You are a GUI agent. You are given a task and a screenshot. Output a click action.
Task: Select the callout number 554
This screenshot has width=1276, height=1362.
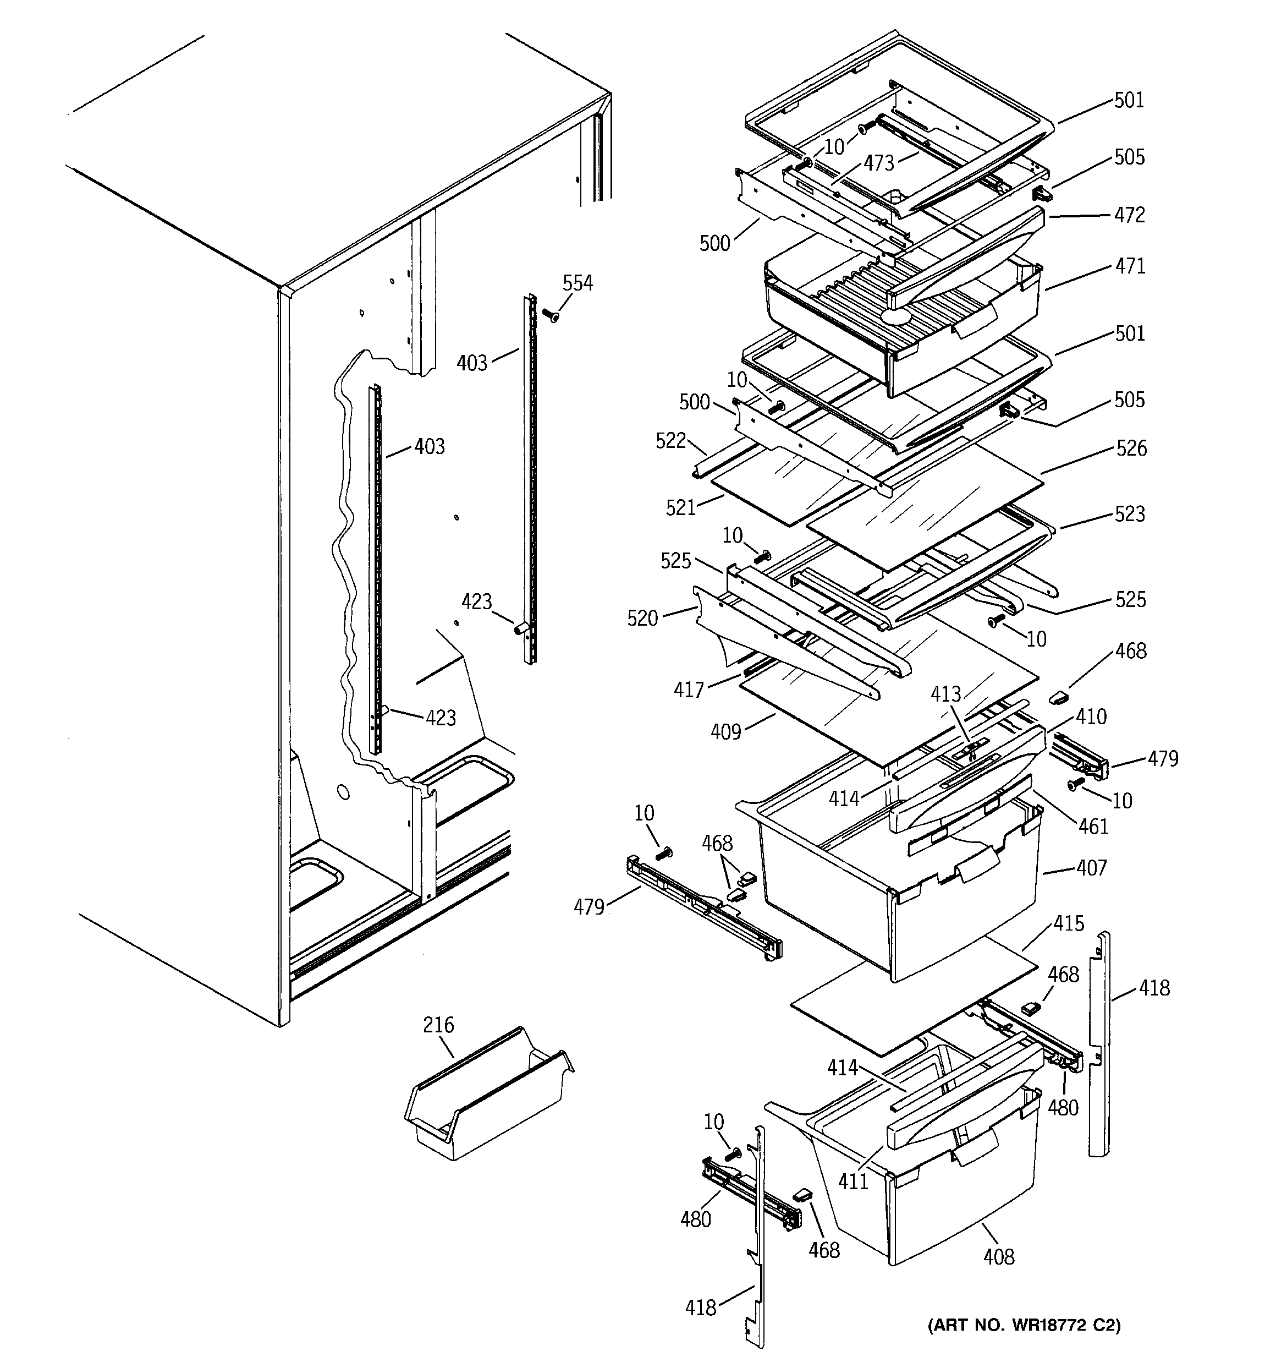pos(577,283)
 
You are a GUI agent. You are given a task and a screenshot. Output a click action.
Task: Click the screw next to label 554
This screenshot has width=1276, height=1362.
pos(550,315)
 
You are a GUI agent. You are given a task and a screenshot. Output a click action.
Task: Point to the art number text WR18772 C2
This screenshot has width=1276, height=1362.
pos(1024,1325)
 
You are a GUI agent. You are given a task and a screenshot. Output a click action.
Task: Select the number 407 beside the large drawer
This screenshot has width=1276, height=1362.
pos(1091,868)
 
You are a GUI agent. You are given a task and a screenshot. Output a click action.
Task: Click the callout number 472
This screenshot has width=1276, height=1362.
pos(1130,215)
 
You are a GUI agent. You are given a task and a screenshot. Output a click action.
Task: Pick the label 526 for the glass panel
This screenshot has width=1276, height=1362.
pos(1131,448)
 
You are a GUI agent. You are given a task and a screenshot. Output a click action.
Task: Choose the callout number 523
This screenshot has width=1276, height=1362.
pos(1130,514)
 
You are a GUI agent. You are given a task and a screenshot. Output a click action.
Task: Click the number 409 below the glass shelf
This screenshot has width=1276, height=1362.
pos(726,732)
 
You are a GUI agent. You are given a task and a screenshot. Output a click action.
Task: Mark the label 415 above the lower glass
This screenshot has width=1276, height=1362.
pos(1069,923)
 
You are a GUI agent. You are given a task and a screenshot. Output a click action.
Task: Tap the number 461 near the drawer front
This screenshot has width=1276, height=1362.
pos(1093,827)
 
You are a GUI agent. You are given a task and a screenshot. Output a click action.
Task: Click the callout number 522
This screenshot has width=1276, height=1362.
pos(670,441)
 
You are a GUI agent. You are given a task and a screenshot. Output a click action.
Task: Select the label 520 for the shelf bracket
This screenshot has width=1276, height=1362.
pos(642,619)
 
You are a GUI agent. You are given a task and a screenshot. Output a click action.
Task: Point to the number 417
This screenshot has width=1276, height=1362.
pos(689,690)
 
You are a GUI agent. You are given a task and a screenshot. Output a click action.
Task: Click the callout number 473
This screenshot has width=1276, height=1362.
pos(879,163)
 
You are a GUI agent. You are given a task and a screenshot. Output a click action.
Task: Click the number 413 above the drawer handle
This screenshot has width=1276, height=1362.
pos(945,694)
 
